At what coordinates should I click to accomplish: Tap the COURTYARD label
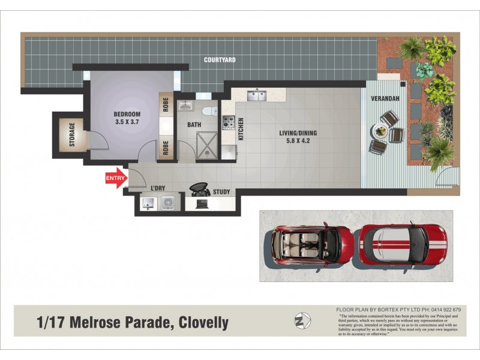219,60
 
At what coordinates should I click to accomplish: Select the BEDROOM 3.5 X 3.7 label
127,118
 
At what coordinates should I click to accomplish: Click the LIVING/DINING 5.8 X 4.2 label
298,137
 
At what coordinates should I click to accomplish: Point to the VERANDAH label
384,98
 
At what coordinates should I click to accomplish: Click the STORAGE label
72,134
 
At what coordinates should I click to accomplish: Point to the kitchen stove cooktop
229,122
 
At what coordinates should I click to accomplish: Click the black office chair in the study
198,188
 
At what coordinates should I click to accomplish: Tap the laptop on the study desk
202,203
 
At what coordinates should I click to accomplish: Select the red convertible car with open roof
312,245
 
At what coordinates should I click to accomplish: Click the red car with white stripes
403,245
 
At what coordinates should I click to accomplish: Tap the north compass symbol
303,321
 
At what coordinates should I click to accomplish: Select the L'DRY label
158,188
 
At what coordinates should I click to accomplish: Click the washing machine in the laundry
167,203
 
